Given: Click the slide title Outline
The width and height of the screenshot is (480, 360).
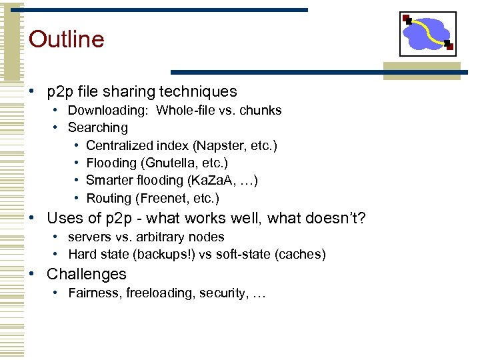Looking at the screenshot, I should [x=67, y=39].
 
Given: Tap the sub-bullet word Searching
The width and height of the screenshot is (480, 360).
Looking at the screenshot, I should [x=98, y=127].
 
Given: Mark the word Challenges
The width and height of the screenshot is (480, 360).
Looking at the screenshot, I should [x=87, y=274].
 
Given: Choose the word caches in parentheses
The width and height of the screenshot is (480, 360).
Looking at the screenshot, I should [x=301, y=254].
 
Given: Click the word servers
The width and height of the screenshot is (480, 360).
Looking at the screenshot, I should [x=90, y=237].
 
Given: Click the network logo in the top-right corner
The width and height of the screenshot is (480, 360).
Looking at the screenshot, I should [x=427, y=33].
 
